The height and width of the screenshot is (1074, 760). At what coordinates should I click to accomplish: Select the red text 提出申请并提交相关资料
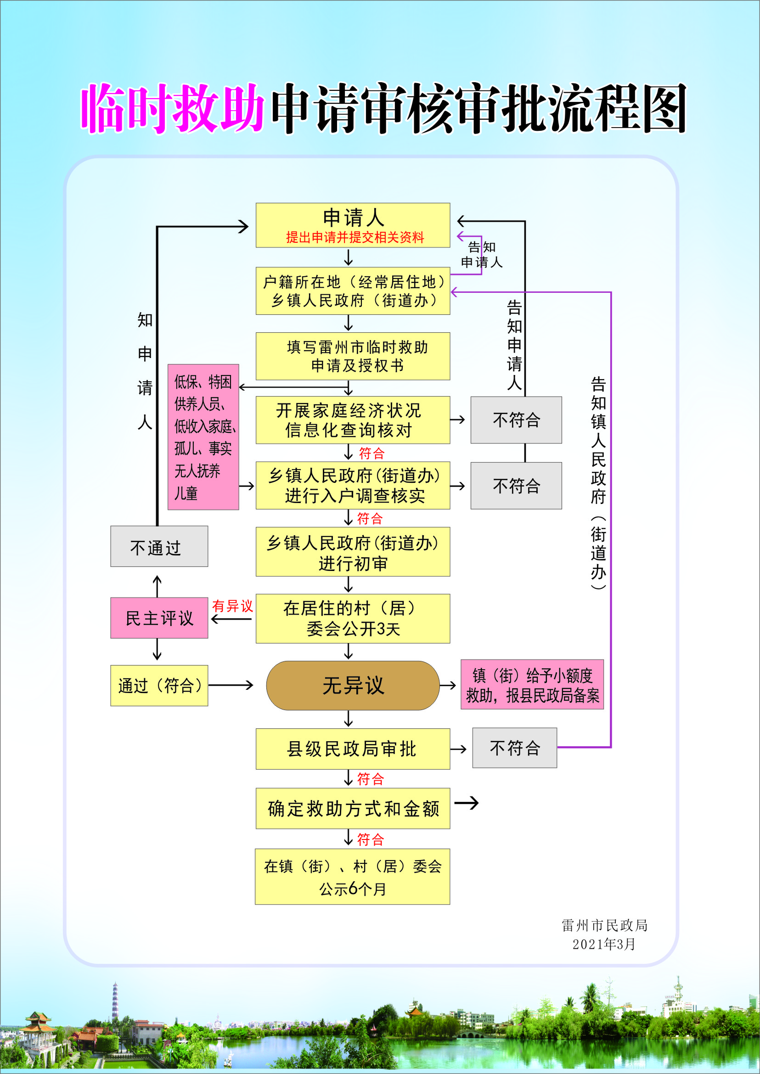click(x=355, y=238)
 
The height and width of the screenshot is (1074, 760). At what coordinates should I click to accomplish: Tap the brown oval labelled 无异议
click(x=353, y=686)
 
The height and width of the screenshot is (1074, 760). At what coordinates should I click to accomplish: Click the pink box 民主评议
click(x=159, y=618)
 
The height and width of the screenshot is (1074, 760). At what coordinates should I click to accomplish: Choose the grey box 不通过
click(x=159, y=546)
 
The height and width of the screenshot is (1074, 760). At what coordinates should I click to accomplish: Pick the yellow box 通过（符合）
click(x=159, y=686)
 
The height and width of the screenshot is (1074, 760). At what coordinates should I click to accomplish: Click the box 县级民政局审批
click(x=353, y=749)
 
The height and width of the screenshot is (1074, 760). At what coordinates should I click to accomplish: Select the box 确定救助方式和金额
click(x=353, y=809)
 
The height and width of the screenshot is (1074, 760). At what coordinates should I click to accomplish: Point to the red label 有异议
click(x=232, y=606)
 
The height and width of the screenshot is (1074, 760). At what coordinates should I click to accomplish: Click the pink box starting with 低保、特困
click(x=203, y=437)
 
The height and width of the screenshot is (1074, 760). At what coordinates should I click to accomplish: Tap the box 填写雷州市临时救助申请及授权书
click(x=353, y=357)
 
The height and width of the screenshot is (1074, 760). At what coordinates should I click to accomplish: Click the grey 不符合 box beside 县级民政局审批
click(x=514, y=748)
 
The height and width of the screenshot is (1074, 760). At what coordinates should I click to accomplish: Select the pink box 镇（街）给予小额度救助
click(x=532, y=685)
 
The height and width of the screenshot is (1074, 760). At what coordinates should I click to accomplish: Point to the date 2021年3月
click(x=604, y=945)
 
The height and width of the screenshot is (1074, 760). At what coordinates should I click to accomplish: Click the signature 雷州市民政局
click(x=605, y=925)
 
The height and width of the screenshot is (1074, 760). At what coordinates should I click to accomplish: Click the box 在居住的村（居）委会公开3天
click(x=353, y=618)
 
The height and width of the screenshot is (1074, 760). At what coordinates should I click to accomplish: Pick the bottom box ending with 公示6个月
click(x=352, y=877)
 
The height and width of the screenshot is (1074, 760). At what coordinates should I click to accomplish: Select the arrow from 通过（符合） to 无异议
click(x=231, y=686)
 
